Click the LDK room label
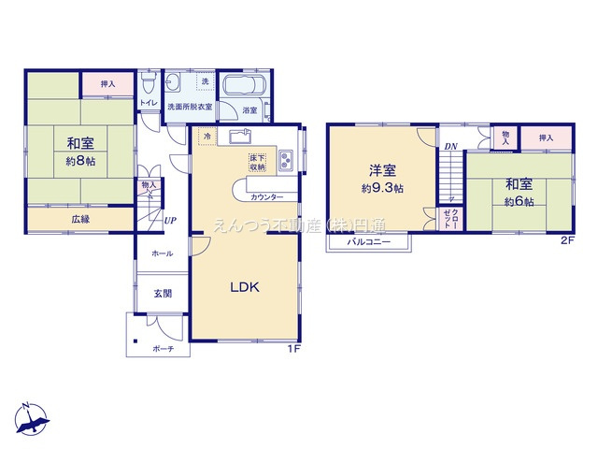(x=244, y=287)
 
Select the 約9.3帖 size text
(x=382, y=187)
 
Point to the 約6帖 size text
(x=520, y=201)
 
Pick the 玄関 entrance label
(x=163, y=293)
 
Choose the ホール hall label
(x=162, y=253)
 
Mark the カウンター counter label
(x=268, y=197)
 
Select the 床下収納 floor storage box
(x=257, y=161)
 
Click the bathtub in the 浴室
(x=246, y=92)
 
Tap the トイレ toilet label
(x=149, y=102)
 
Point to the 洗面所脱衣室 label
(x=190, y=108)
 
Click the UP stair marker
(x=170, y=221)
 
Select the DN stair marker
(x=450, y=146)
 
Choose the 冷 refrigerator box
(x=206, y=137)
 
